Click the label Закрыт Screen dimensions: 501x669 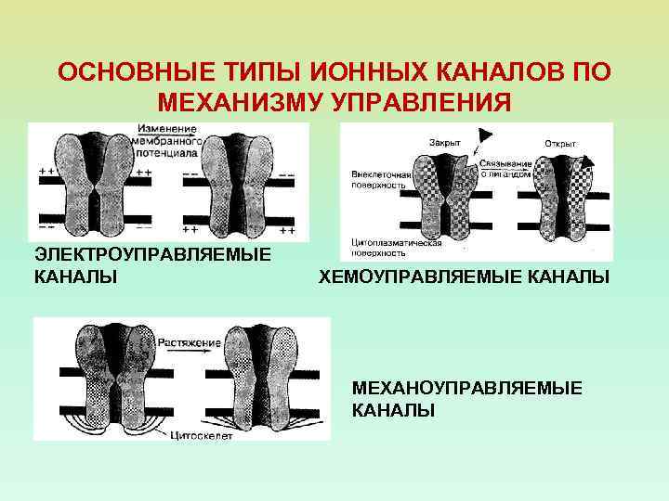click(444, 142)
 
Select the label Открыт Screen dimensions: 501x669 click(560, 144)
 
